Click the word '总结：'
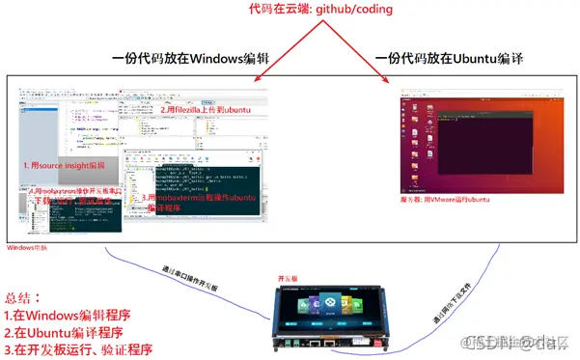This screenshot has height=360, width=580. (25, 298)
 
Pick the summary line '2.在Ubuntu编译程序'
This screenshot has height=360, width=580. (67, 333)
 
